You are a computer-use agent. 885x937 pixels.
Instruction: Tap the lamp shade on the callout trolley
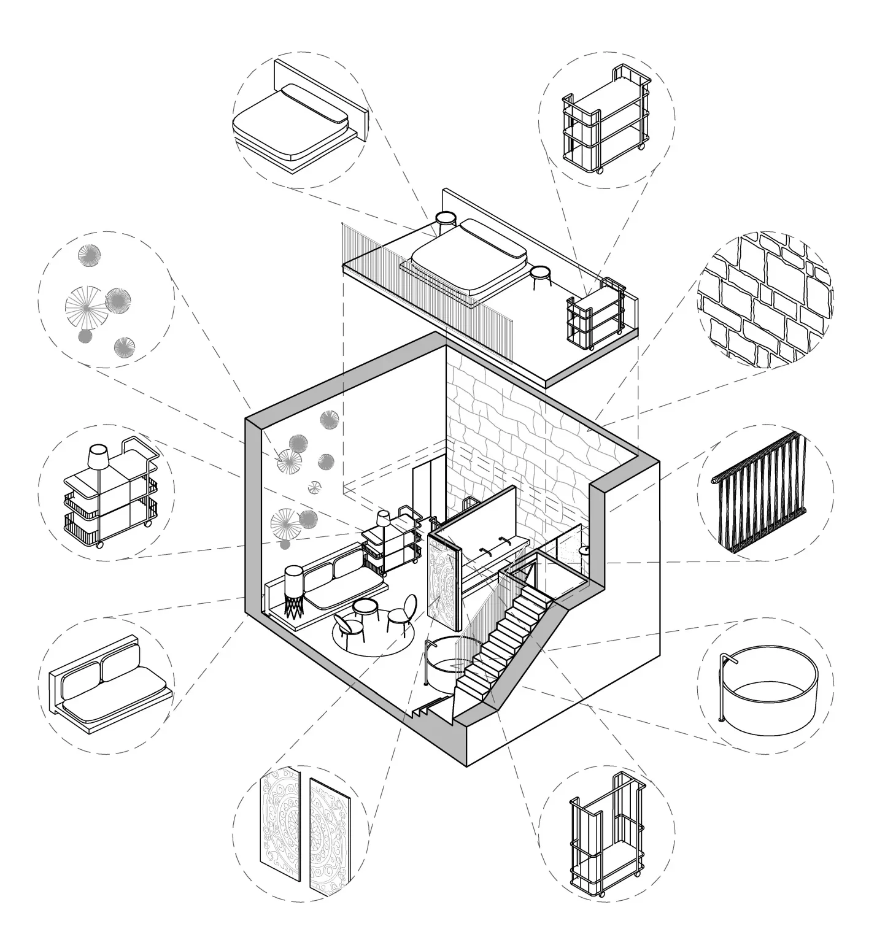click(x=99, y=457)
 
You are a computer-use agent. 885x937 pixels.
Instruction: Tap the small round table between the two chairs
click(x=366, y=611)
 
